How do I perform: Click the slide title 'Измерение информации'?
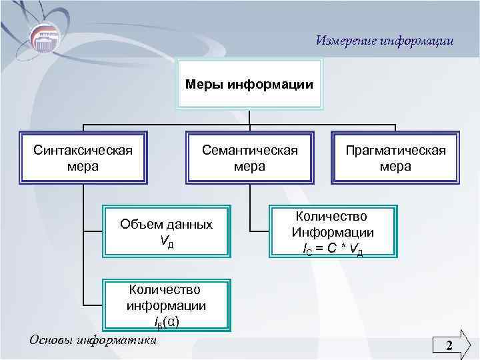(x=385, y=41)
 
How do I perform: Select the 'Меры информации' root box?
(x=249, y=84)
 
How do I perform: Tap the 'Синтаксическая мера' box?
(x=83, y=157)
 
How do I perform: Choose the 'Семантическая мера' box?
(x=249, y=157)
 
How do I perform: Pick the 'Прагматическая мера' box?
(x=395, y=157)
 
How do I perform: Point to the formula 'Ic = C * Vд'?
(x=333, y=249)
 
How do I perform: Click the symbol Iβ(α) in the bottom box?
(x=166, y=321)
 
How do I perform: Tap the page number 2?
(x=449, y=345)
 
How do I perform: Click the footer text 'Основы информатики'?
(x=93, y=339)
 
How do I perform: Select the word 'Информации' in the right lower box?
(x=333, y=233)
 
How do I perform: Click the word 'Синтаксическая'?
(x=83, y=149)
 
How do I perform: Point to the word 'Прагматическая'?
(x=395, y=149)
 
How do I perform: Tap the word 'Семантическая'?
(x=249, y=149)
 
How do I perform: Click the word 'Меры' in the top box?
(x=205, y=85)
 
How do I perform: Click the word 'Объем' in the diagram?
(x=139, y=225)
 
